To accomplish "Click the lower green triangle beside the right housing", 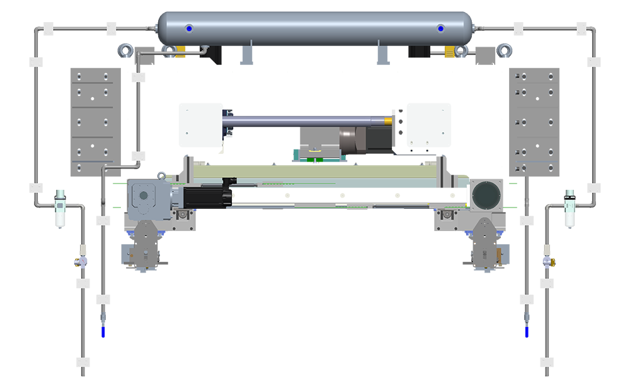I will (513, 206).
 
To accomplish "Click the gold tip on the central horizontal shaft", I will (389, 120).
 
